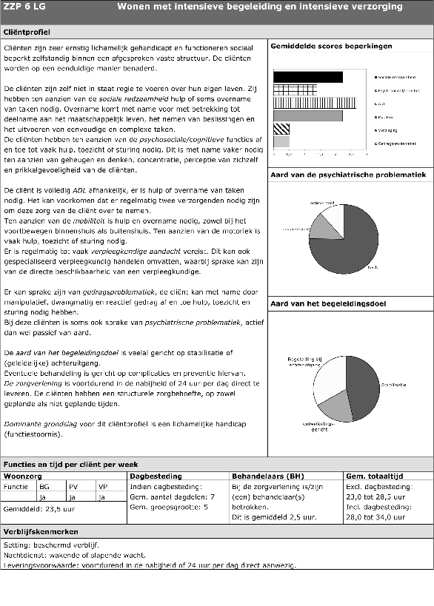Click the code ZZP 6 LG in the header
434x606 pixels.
pos(26,7)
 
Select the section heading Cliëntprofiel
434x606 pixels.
pos(27,33)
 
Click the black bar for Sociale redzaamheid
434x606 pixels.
pos(308,77)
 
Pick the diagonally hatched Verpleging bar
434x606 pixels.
pos(281,129)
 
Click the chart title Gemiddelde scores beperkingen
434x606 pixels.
pos(331,47)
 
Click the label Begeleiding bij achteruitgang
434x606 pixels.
pos(304,361)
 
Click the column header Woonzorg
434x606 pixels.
pos(22,476)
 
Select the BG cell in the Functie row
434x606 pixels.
pos(44,487)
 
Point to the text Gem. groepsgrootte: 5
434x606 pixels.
pos(168,508)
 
